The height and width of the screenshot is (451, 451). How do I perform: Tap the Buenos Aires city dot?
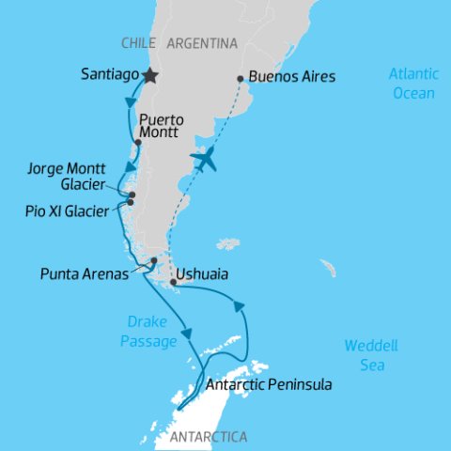tap(241, 79)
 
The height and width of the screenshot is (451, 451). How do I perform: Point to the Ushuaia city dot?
tap(174, 281)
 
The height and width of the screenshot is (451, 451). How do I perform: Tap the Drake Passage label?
tap(148, 332)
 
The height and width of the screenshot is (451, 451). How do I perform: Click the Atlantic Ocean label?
tap(412, 84)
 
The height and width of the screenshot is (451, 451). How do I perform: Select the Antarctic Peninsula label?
tap(268, 385)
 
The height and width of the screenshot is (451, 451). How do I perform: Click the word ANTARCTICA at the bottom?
tap(208, 437)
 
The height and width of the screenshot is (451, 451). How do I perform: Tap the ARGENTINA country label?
tap(201, 42)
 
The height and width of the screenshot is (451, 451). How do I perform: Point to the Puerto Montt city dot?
tap(138, 143)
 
